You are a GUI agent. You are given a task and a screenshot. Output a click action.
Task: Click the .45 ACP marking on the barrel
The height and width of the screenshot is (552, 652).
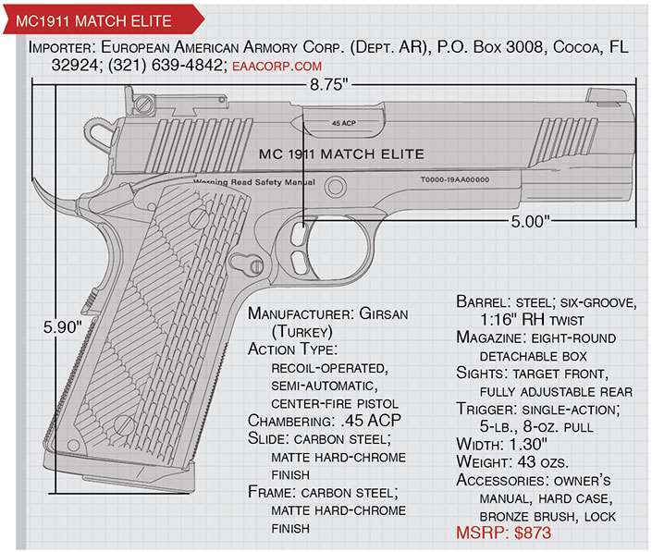pyautogui.click(x=342, y=122)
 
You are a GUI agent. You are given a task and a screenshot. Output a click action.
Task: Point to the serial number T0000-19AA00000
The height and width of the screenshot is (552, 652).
pyautogui.click(x=454, y=180)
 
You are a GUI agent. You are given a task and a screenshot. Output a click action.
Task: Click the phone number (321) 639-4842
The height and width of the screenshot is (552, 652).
pyautogui.click(x=174, y=67)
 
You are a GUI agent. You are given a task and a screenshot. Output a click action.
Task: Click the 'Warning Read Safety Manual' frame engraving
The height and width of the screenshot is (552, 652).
pyautogui.click(x=253, y=183)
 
